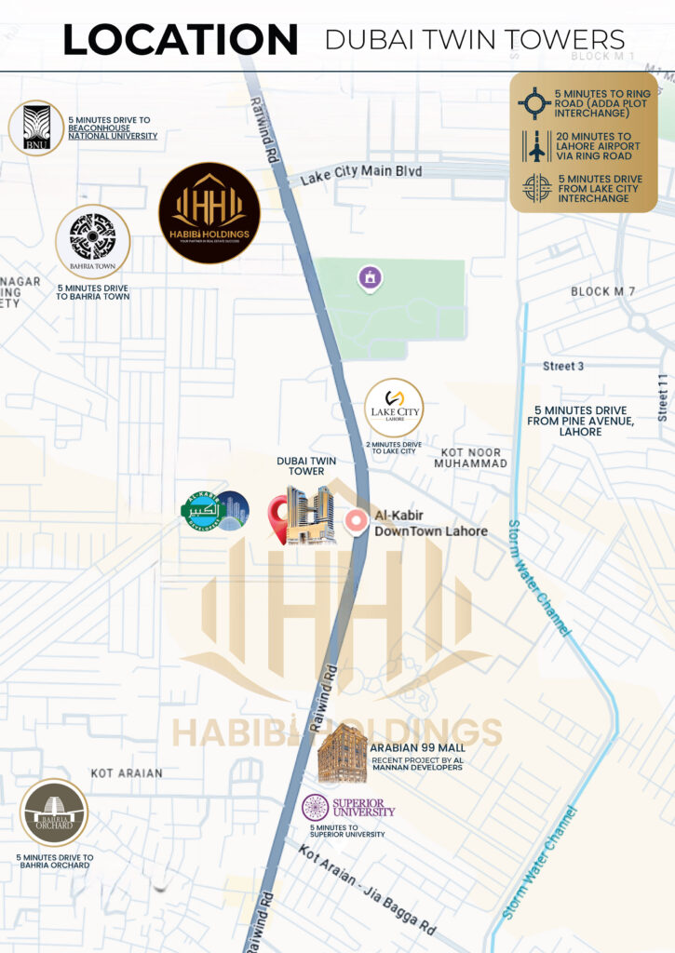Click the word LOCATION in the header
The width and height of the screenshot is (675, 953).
(180, 40)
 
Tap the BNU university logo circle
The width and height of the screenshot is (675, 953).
(36, 128)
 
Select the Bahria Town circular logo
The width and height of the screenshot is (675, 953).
(92, 242)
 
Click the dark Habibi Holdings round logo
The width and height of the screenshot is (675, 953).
(209, 213)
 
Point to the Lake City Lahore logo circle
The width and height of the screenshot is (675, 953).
(394, 408)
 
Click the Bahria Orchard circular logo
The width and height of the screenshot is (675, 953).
(54, 812)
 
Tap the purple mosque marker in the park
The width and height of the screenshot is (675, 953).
(370, 276)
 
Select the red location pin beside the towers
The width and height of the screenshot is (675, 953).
(277, 517)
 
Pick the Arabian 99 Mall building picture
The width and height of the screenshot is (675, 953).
(342, 753)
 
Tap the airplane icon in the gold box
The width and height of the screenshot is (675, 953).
(536, 146)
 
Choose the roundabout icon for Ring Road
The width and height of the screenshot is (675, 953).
(534, 103)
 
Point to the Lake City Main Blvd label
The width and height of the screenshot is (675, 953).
(361, 173)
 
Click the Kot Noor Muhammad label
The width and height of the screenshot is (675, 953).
(470, 456)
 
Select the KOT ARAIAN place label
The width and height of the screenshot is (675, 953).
(127, 773)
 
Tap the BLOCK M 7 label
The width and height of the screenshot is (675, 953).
(602, 292)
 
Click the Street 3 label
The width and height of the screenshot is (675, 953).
(563, 366)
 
